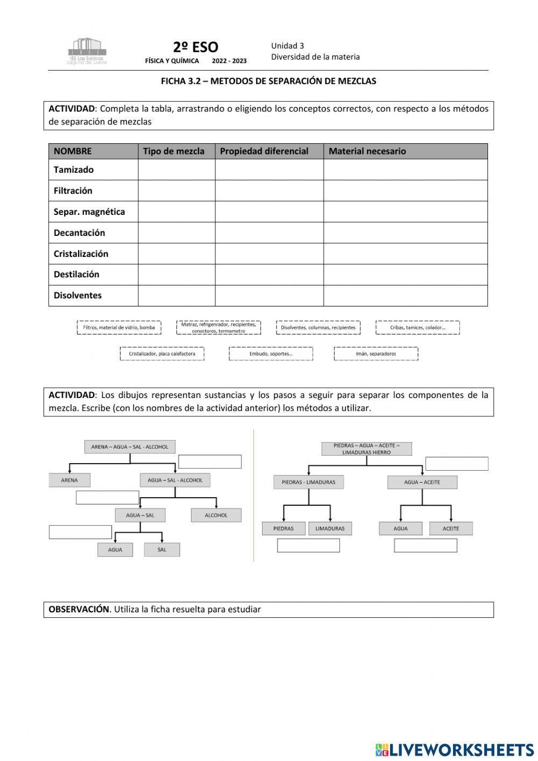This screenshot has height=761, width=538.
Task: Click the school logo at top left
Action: [x=87, y=51]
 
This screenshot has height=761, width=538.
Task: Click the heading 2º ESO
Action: [x=195, y=47]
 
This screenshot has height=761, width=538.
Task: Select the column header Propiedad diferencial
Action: [x=264, y=151]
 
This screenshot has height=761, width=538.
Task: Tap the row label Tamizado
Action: [x=74, y=170]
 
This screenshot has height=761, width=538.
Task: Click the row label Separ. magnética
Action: [x=89, y=212]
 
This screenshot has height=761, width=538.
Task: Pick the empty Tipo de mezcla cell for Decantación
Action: [x=176, y=233]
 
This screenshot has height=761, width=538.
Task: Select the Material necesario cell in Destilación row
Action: [x=405, y=275]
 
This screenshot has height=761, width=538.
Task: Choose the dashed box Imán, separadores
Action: [x=376, y=354]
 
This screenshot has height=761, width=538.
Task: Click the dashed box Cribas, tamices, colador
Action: [x=417, y=327]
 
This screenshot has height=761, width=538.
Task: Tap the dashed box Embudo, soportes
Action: [x=271, y=354]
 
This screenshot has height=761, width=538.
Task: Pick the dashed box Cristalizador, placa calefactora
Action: [x=162, y=354]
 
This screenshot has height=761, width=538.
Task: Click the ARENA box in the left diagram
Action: [x=69, y=480]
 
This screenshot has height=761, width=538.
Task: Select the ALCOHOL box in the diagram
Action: [x=216, y=515]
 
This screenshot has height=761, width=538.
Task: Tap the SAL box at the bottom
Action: [x=162, y=550]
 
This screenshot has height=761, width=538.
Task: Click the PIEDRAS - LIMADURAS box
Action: [x=309, y=482]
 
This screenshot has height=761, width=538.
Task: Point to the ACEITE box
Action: [x=451, y=528]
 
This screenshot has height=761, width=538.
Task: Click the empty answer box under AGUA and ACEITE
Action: [x=426, y=546]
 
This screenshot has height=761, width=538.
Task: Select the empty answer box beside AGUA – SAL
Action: [x=80, y=532]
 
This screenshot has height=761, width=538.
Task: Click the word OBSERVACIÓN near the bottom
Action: [x=79, y=610]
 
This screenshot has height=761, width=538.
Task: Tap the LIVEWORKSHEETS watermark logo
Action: [x=455, y=749]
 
